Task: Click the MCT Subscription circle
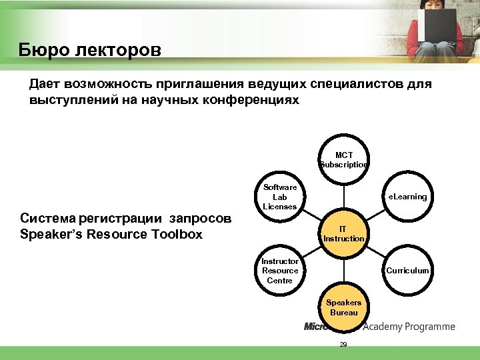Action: [x=344, y=160]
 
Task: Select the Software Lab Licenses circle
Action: [x=280, y=197]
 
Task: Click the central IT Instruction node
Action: [x=344, y=233]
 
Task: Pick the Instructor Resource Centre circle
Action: [x=280, y=271]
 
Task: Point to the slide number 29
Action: [x=343, y=345]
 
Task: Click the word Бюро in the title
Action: [x=42, y=50]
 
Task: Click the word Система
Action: [x=47, y=219]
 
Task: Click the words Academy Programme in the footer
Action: [x=409, y=327]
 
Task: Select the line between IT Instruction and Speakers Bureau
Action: [x=344, y=270]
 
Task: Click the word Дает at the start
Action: [x=45, y=85]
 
